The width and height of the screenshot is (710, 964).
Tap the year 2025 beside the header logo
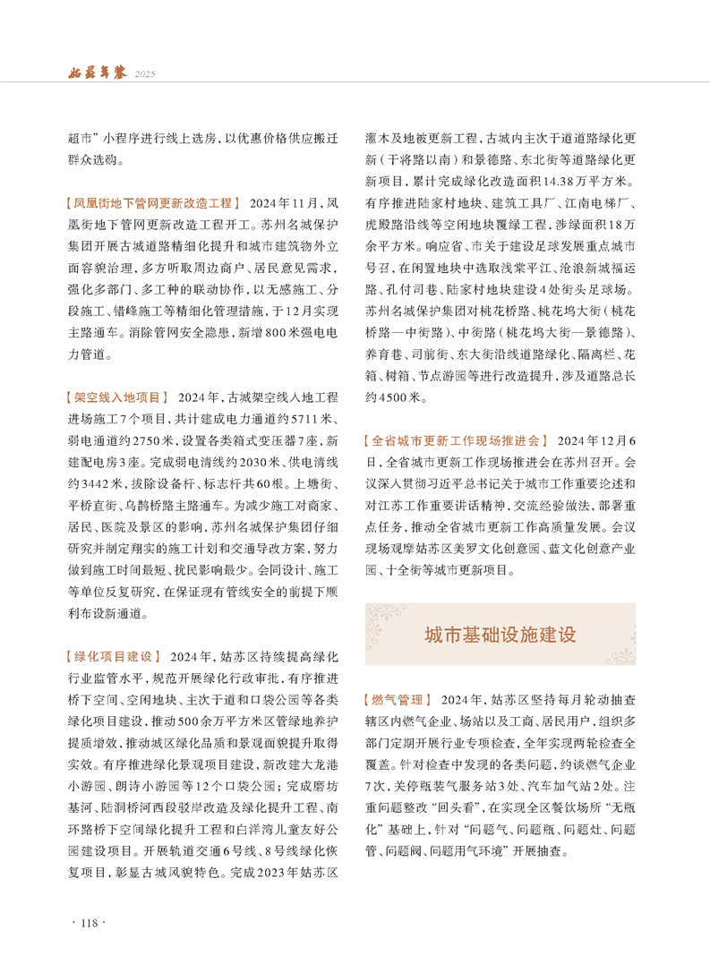145,73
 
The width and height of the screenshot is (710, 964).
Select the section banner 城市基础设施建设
500,635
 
